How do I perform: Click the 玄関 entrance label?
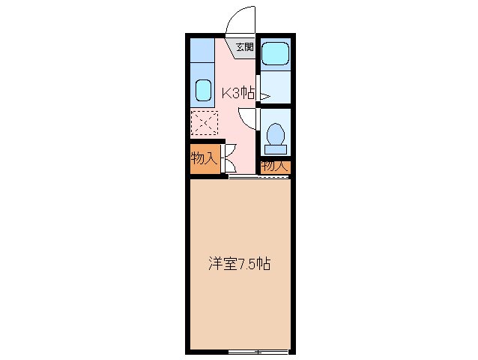click(x=245, y=47)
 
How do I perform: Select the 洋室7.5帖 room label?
click(x=238, y=264)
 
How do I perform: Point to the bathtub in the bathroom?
click(x=276, y=54)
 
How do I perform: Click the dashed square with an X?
click(x=203, y=121)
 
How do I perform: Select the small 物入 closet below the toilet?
click(x=274, y=166)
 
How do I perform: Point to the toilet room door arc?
click(x=246, y=118)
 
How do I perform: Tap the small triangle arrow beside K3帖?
click(x=264, y=96)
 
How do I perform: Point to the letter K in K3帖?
click(x=225, y=94)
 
